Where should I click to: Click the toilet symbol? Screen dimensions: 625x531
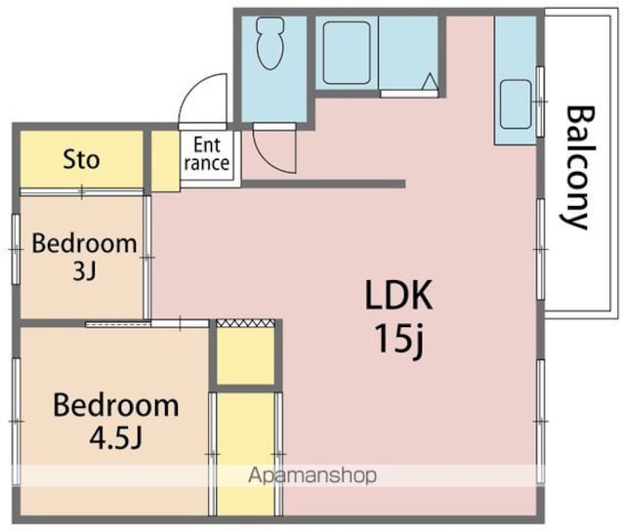(271, 43)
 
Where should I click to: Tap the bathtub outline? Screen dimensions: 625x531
(347, 53)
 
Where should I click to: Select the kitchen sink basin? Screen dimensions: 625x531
(516, 104)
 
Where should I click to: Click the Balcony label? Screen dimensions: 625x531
(580, 167)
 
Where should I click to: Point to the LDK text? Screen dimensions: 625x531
(398, 295)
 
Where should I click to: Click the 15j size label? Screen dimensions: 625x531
(398, 340)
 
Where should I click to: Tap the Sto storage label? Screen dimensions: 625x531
(81, 159)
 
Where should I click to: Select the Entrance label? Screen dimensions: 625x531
(207, 154)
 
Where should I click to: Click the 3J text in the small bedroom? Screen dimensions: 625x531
(85, 272)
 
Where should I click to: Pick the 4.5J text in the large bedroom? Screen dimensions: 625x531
(115, 438)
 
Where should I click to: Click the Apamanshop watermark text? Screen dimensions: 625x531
(312, 475)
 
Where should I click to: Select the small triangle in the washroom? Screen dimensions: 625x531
(430, 82)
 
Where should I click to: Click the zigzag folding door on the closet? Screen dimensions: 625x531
(245, 323)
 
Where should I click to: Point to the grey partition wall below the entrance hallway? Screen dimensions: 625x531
(323, 184)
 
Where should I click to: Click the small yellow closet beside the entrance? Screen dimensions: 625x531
(165, 161)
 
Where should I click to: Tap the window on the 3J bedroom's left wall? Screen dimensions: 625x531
(16, 249)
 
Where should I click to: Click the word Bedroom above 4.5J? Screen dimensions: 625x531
(115, 405)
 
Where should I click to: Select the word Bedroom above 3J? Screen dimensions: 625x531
(84, 243)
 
